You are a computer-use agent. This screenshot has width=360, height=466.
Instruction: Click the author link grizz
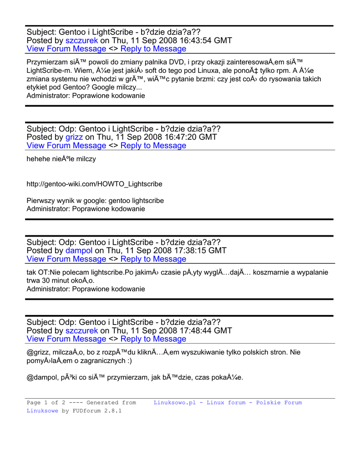[x=74, y=137]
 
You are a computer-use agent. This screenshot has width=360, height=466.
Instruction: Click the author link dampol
[x=79, y=250]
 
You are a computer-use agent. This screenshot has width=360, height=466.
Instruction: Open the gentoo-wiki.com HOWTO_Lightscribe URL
[x=94, y=184]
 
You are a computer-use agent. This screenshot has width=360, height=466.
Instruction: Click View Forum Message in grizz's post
[x=66, y=146]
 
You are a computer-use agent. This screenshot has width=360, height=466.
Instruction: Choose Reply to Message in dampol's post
[x=153, y=259]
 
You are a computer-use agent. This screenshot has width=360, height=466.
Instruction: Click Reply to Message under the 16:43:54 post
[x=153, y=49]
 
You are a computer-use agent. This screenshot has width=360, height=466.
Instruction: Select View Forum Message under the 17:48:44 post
[x=66, y=339]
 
